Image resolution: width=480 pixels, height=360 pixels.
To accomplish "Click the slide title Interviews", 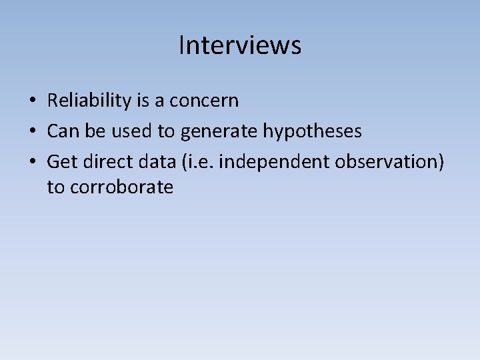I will point(240,45).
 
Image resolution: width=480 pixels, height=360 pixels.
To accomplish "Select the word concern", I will point(203,101).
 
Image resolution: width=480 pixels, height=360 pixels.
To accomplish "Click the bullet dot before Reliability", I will point(33,101).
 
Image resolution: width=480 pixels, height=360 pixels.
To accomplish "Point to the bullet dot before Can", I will point(33,131).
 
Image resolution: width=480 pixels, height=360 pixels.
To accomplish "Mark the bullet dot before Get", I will point(33,161).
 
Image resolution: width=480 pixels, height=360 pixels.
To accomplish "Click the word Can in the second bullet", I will point(63,131).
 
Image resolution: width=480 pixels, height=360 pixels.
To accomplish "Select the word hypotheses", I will point(313,131).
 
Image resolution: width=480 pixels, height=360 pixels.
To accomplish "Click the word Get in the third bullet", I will point(62,161).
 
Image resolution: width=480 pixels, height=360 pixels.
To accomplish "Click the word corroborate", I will point(121,187).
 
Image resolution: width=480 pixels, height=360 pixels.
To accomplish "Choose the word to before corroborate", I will point(55,187).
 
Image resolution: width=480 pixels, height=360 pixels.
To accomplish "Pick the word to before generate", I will point(166,131).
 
